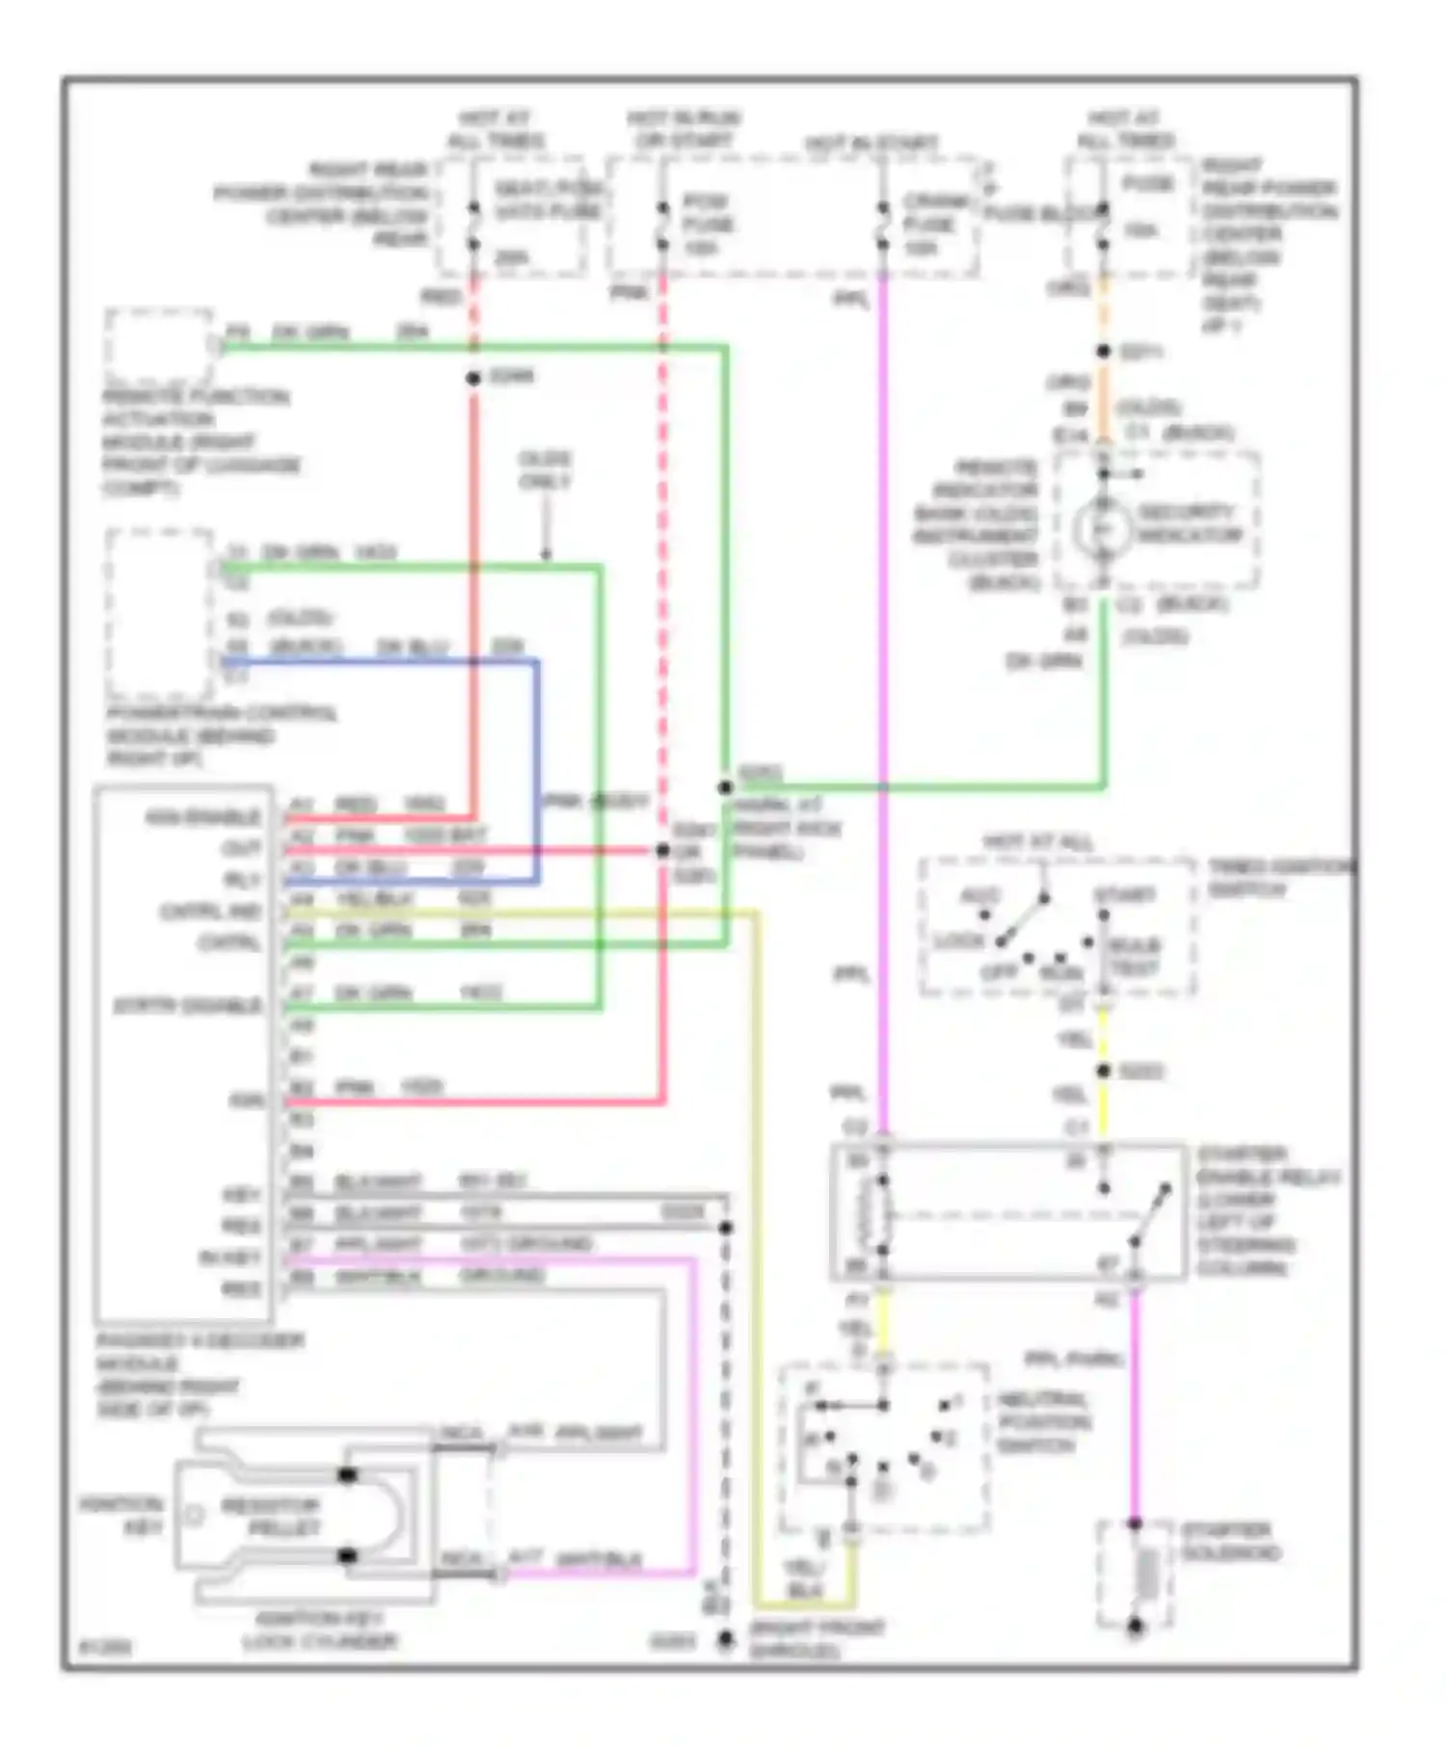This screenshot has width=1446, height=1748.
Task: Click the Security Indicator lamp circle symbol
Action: (x=1103, y=529)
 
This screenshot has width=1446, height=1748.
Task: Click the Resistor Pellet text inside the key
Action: (x=270, y=1517)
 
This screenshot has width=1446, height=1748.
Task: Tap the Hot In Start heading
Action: (x=871, y=144)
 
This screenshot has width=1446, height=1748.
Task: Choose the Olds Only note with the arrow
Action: (x=545, y=469)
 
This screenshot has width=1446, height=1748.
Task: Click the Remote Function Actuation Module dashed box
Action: (x=159, y=346)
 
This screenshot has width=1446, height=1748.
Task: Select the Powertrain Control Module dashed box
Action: (x=160, y=614)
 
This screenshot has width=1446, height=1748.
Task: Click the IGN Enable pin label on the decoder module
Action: (x=202, y=817)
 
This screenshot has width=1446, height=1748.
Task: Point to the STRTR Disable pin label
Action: (x=188, y=1005)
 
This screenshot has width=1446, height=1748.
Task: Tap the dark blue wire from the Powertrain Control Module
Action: (x=536, y=771)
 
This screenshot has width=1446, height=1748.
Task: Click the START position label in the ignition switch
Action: (x=1124, y=895)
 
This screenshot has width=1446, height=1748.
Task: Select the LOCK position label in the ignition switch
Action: (x=959, y=940)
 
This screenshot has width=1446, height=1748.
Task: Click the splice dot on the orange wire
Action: (x=1103, y=352)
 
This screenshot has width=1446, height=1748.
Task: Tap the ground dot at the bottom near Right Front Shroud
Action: (x=725, y=1640)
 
